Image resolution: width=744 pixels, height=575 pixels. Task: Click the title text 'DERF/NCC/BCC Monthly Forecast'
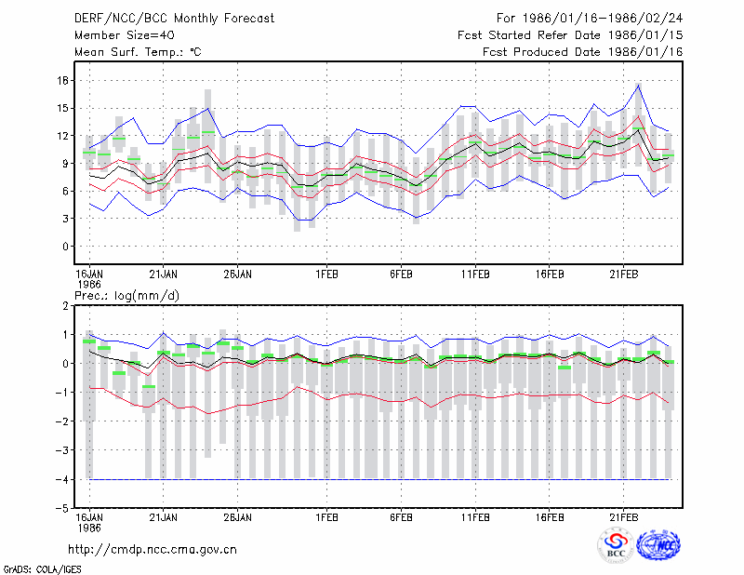(x=174, y=19)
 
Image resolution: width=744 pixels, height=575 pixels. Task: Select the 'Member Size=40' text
(x=125, y=35)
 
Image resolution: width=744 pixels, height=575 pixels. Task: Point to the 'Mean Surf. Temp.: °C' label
(x=138, y=52)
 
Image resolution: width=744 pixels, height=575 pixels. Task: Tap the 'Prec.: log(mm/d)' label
(x=126, y=296)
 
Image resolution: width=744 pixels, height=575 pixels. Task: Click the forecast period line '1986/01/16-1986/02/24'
(x=603, y=19)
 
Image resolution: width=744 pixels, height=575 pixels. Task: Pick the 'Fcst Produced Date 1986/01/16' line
(x=583, y=52)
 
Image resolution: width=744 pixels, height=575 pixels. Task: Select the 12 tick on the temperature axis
(x=63, y=136)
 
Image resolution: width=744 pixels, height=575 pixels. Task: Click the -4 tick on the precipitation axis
(x=62, y=479)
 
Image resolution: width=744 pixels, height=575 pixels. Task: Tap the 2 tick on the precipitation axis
(x=65, y=306)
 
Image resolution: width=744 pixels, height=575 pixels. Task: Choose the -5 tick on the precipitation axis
(x=62, y=508)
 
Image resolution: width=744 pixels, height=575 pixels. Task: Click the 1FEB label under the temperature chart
(x=327, y=274)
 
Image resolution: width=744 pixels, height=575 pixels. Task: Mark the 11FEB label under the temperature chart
(x=475, y=274)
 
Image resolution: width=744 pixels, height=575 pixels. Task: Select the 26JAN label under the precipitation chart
(x=238, y=517)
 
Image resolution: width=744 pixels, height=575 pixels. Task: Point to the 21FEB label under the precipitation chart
(x=624, y=517)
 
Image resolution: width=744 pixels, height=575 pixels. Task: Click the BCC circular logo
(x=616, y=545)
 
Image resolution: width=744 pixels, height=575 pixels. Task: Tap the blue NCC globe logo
(x=658, y=545)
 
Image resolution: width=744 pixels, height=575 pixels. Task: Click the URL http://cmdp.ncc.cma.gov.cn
(x=153, y=550)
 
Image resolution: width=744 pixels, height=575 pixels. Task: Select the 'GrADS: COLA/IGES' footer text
(x=42, y=569)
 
